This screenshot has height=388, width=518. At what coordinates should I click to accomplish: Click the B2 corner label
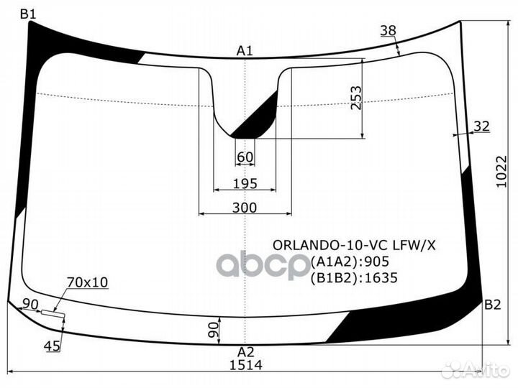[493, 305]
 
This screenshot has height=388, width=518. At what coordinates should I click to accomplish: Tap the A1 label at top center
[245, 50]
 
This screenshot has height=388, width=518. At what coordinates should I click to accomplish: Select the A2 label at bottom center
[246, 351]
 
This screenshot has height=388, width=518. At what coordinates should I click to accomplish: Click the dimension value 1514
[245, 364]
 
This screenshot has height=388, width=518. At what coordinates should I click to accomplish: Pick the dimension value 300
[245, 207]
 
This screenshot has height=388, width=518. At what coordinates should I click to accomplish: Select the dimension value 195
[245, 184]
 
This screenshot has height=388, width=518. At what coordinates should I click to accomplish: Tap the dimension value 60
[245, 157]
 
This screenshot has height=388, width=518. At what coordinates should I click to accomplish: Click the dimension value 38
[388, 30]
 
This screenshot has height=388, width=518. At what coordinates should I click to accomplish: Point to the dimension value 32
[481, 126]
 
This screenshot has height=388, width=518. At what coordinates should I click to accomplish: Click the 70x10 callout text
[87, 282]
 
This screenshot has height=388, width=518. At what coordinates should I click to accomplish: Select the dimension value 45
[52, 347]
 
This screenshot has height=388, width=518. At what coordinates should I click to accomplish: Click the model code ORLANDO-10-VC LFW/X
[353, 244]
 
